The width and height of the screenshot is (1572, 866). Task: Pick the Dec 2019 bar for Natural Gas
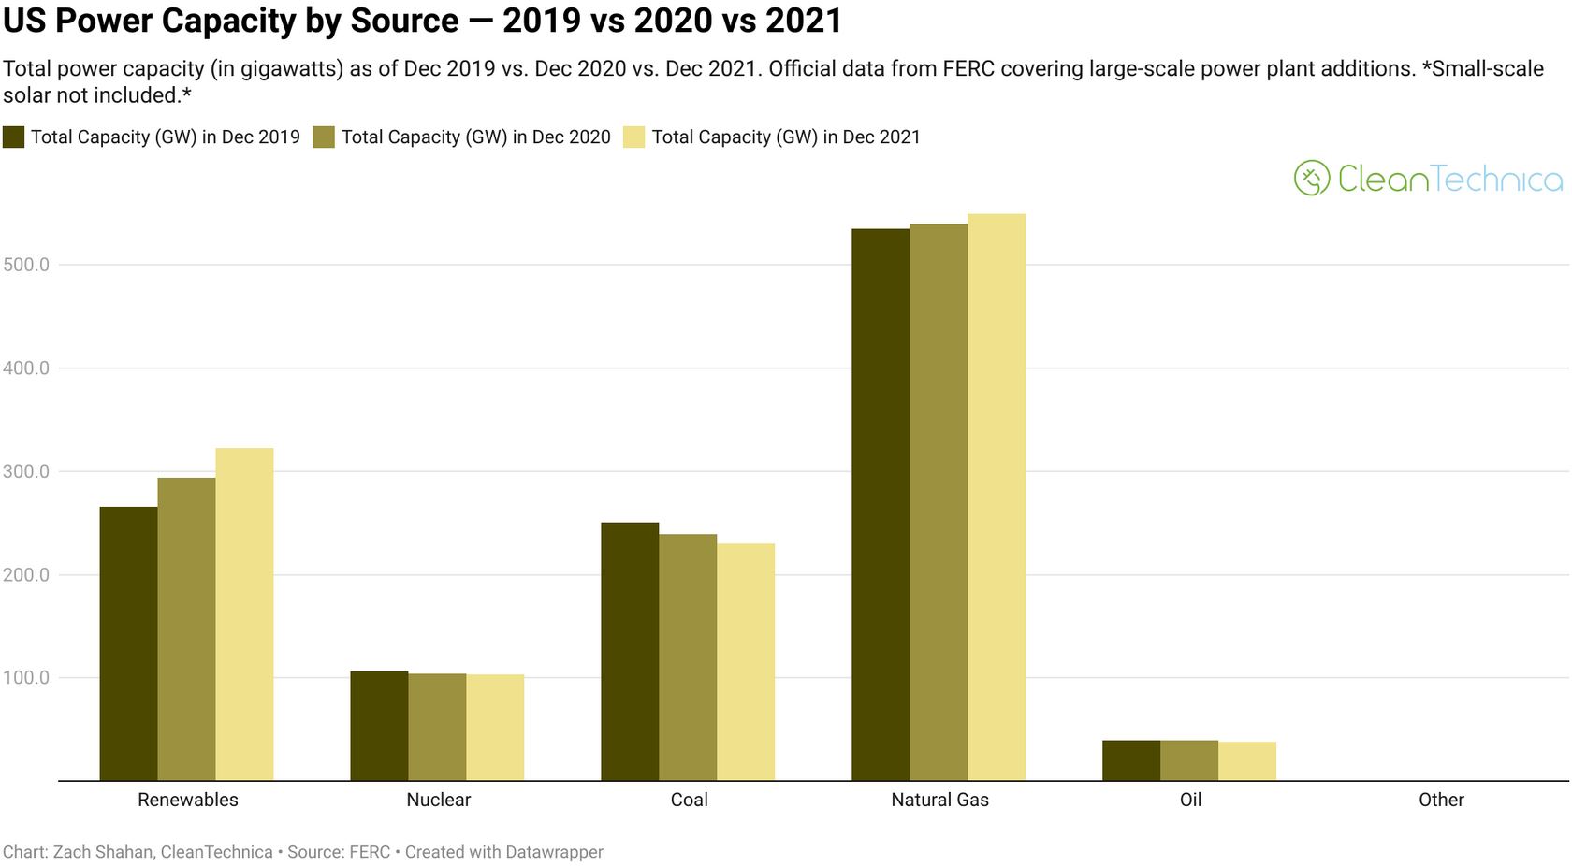click(x=881, y=504)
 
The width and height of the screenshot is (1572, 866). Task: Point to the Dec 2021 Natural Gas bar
click(x=997, y=497)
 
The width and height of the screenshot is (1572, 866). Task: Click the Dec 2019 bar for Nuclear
click(x=379, y=726)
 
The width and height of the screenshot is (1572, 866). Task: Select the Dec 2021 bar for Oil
click(x=1247, y=760)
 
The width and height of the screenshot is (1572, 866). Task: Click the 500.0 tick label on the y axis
click(x=26, y=265)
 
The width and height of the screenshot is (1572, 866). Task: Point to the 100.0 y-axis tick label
click(x=26, y=677)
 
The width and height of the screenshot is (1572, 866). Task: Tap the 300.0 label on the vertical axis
click(x=26, y=471)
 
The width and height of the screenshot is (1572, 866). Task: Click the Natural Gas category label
click(x=939, y=800)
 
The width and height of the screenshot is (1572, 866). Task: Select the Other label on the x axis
click(x=1441, y=800)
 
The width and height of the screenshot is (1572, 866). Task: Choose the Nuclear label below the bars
click(x=438, y=800)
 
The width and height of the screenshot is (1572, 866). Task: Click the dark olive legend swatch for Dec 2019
click(x=13, y=137)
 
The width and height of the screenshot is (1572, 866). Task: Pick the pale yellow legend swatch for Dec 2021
click(x=634, y=137)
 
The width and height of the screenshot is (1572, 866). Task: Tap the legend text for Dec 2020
click(x=475, y=137)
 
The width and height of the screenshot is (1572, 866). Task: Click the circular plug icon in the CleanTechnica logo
click(x=1312, y=178)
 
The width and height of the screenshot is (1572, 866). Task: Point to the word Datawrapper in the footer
click(x=554, y=852)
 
